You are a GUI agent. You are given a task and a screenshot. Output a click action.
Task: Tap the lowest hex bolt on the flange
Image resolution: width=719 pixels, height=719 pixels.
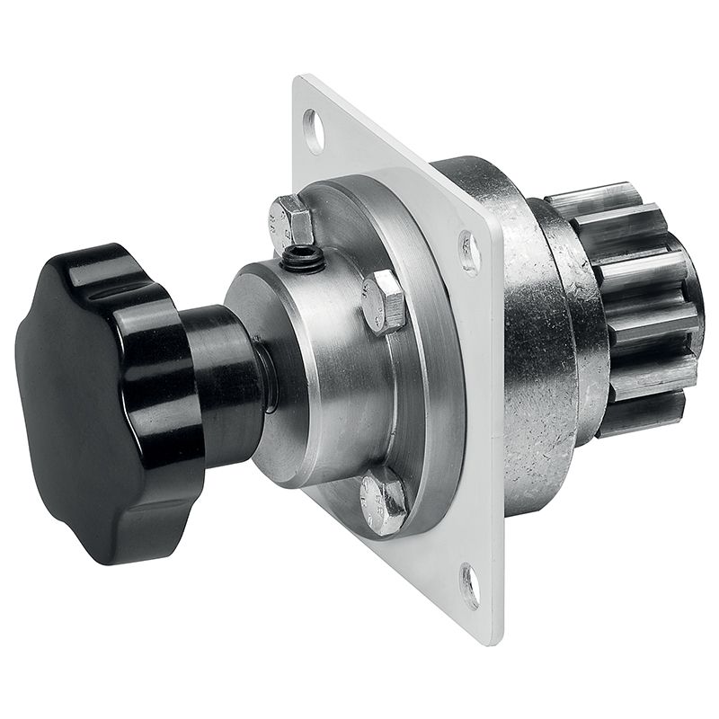pos(384,504)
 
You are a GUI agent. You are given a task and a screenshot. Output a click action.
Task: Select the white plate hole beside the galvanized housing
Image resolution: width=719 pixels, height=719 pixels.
pos(468,251)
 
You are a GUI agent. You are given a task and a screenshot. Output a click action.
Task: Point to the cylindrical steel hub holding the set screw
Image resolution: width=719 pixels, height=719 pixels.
pos(324,359)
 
